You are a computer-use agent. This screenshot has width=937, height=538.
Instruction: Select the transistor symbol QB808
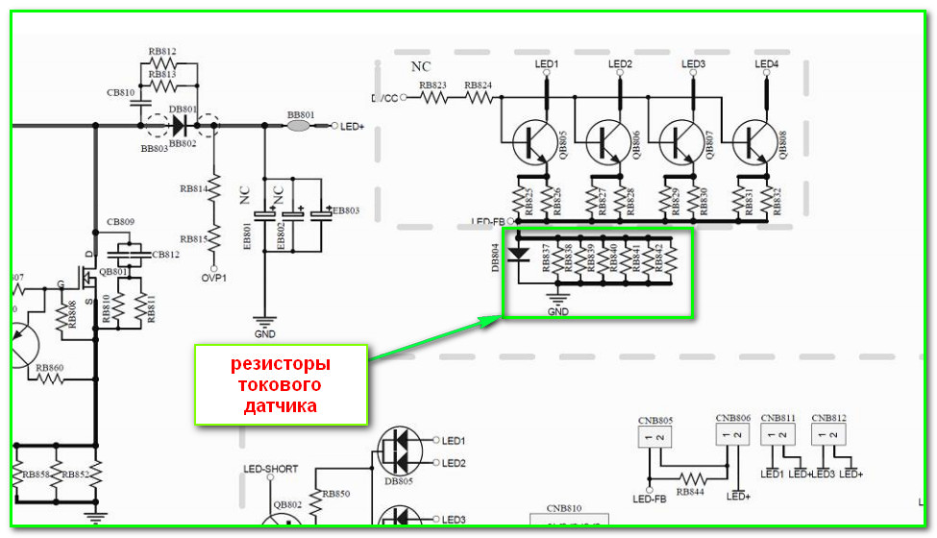point(751,143)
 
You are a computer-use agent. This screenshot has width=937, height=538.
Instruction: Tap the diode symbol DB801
point(177,125)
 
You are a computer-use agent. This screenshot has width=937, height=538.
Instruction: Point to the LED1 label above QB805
point(547,64)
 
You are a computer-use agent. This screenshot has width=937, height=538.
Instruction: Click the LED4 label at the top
point(767,64)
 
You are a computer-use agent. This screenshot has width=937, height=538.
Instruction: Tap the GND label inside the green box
point(557,311)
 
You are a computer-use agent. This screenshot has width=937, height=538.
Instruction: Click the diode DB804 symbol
point(518,255)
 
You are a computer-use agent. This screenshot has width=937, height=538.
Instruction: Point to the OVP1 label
point(213,279)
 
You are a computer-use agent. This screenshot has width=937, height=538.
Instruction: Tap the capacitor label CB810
point(121,93)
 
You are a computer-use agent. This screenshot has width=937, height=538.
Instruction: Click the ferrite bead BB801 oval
point(299,126)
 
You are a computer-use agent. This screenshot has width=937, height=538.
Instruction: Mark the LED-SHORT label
point(270,469)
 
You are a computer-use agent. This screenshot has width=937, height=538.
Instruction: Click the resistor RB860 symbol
point(49,378)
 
